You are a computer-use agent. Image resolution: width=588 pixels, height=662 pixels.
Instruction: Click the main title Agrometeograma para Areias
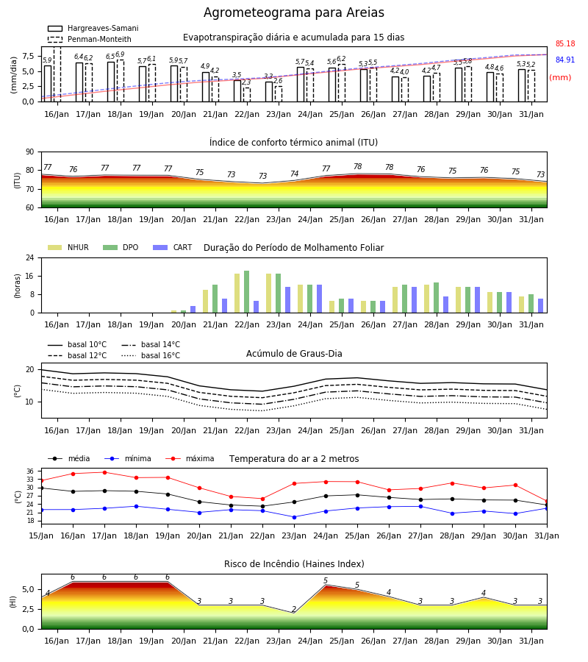pos(293,13)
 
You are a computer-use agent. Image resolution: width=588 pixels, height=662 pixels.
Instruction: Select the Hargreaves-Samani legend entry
pos(93,28)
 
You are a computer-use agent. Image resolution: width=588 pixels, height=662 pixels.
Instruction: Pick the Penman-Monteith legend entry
pos(90,39)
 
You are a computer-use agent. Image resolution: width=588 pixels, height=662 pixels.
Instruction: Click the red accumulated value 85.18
pos(565,43)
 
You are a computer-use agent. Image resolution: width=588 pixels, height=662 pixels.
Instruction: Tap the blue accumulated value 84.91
pos(565,60)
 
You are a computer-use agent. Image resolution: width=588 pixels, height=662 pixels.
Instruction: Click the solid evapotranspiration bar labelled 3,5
pos(237,90)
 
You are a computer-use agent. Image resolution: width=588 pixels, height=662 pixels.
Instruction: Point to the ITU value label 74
pos(295,174)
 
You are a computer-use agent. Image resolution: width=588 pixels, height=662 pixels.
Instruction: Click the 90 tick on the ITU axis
pos(29,152)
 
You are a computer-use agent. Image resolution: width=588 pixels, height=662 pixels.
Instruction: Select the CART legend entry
pos(173,247)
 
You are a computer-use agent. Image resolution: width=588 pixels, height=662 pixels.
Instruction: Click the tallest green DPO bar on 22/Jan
pos(247,292)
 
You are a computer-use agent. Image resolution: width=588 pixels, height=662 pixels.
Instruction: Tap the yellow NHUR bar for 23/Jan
pos(269,293)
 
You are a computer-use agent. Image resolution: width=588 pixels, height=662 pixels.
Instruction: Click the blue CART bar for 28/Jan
pos(446,305)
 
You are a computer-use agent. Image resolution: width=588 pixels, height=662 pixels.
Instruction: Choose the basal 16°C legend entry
pos(151,355)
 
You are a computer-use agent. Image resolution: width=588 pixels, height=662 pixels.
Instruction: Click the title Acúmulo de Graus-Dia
pos(294,354)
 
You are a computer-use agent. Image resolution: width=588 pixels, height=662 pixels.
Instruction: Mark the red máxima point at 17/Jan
pos(104,472)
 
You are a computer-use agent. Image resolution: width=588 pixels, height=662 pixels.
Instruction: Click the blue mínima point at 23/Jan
pos(295,517)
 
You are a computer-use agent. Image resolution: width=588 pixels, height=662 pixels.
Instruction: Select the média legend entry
pos(69,458)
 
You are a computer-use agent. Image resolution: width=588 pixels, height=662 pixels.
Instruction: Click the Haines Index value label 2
pos(294,609)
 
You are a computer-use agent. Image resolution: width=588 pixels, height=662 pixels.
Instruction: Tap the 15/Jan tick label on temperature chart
pos(41,535)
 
